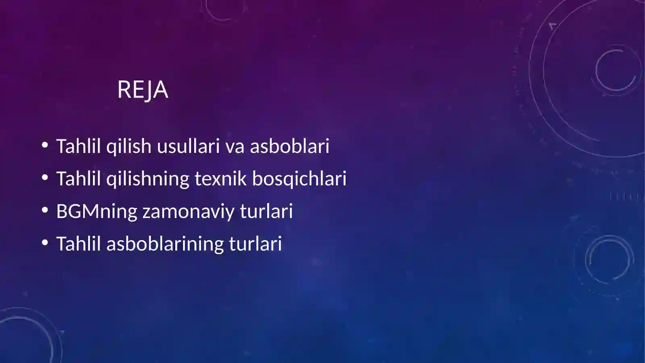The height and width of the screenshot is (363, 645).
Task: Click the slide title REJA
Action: (x=143, y=90)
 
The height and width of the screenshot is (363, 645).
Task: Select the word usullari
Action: (x=188, y=146)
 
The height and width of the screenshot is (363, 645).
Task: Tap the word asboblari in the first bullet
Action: (x=289, y=146)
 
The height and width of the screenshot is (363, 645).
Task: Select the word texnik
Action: (x=221, y=179)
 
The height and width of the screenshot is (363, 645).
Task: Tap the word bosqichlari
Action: (x=299, y=179)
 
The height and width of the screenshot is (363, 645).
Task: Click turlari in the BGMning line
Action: (x=266, y=211)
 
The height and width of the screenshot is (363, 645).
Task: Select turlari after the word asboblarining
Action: (x=256, y=244)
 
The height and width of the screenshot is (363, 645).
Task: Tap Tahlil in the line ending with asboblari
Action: (x=78, y=146)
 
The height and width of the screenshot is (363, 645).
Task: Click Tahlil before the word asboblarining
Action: (x=78, y=244)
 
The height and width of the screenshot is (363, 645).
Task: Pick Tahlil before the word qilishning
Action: (x=78, y=179)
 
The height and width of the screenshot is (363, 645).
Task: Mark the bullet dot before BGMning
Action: (x=45, y=210)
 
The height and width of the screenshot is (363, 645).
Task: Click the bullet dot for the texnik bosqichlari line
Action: (x=45, y=177)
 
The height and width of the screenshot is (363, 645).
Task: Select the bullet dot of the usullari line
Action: (x=45, y=145)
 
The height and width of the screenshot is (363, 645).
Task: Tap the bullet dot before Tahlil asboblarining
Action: (x=45, y=243)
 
